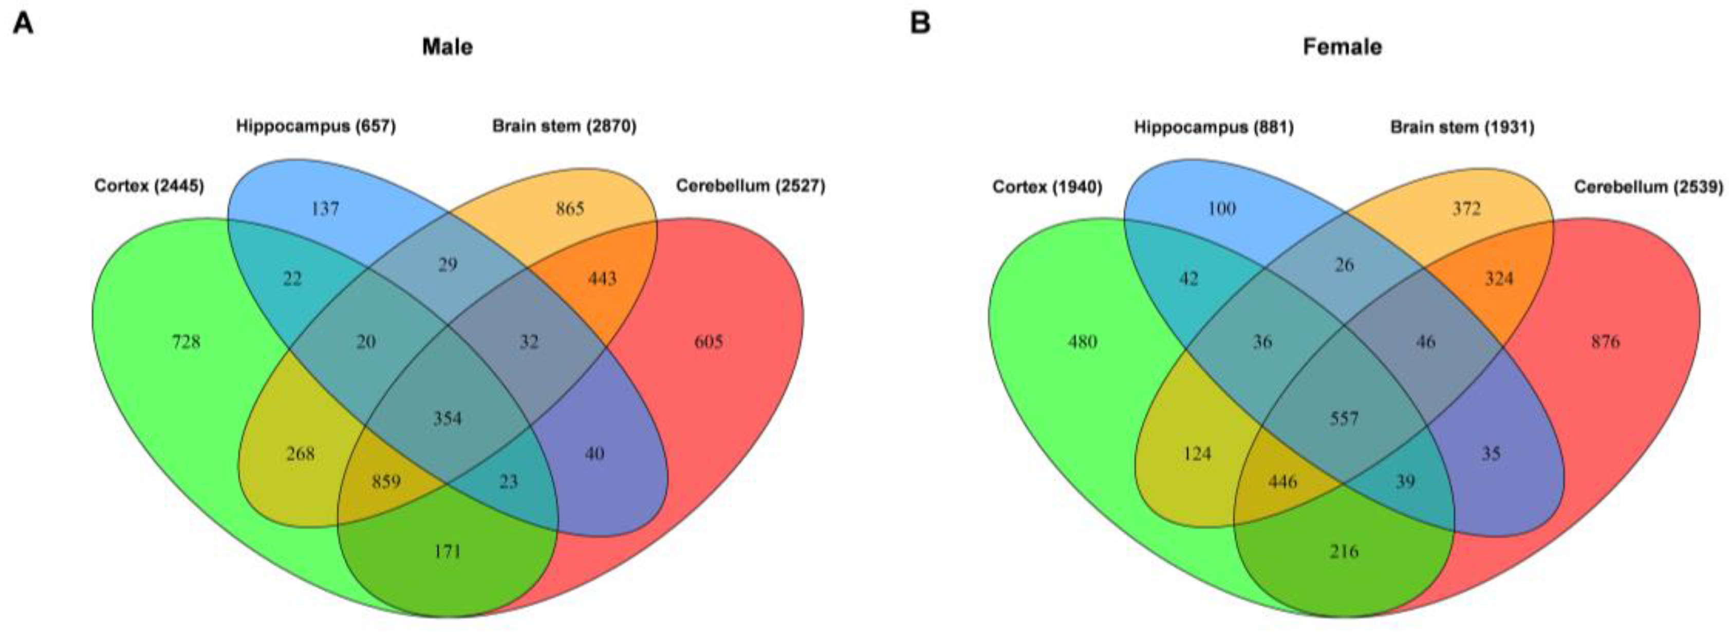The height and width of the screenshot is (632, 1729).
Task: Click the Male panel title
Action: (x=447, y=47)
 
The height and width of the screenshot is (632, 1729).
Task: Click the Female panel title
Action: (x=1343, y=47)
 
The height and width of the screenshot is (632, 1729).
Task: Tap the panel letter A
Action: (x=24, y=24)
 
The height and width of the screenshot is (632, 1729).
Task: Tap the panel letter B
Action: (x=920, y=24)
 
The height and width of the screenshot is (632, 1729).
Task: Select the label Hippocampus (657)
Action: (x=315, y=126)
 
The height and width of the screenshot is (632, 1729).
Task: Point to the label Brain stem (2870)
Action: (x=564, y=126)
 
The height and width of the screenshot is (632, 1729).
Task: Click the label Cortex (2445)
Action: (x=149, y=186)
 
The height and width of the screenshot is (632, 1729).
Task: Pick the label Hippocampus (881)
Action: (x=1214, y=126)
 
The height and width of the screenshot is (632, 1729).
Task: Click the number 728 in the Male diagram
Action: (x=186, y=342)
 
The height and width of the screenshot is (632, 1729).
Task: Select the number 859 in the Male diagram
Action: (x=386, y=481)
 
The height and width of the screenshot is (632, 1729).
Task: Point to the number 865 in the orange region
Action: (x=570, y=209)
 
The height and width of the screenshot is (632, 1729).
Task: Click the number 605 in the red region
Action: (x=708, y=342)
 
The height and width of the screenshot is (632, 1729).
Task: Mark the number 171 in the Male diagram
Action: (x=447, y=551)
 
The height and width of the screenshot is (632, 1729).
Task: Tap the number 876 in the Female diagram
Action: (x=1605, y=342)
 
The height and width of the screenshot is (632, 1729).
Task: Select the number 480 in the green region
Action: (x=1083, y=342)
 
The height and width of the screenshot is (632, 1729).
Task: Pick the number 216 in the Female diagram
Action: (x=1344, y=551)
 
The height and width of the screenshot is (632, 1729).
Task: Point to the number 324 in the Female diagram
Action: (x=1499, y=278)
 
